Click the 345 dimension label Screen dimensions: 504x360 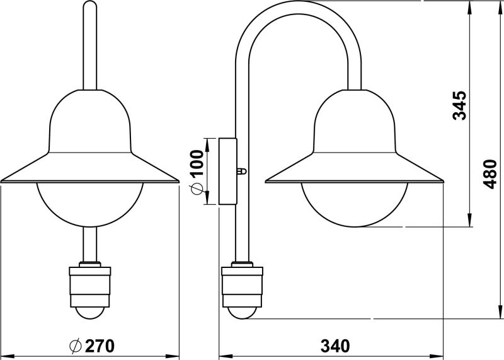459,105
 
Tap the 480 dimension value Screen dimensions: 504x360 490,174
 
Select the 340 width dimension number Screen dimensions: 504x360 335,346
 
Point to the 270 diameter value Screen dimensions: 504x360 100,346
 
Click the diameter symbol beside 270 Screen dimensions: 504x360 75,346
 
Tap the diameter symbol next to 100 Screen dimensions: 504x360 197,189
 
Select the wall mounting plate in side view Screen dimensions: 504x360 228,171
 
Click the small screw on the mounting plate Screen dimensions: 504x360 242,171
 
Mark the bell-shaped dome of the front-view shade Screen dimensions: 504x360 90,121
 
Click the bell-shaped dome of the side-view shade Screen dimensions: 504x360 355,121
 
